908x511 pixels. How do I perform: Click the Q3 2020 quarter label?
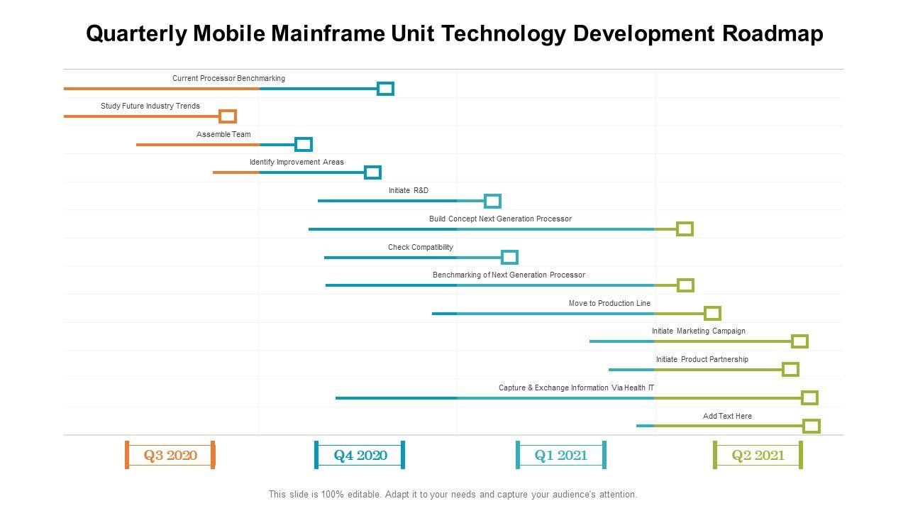(170, 455)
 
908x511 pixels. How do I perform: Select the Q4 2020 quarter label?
(360, 455)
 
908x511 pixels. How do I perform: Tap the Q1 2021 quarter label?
(561, 455)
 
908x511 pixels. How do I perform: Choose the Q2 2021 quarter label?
(758, 455)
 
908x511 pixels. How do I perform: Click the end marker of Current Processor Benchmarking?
(385, 89)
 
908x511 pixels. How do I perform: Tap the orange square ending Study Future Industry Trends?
(228, 116)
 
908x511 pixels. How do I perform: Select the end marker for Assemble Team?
(304, 145)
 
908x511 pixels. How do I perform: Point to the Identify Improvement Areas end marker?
(372, 172)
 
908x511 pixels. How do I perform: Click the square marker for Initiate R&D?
(492, 201)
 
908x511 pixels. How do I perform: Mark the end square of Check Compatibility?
(509, 257)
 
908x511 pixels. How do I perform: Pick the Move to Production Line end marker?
(712, 314)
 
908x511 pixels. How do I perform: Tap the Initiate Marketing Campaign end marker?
(799, 341)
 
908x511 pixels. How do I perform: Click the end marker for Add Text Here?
(812, 426)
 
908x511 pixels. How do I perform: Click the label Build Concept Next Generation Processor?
(500, 219)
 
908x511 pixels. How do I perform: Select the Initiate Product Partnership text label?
(702, 359)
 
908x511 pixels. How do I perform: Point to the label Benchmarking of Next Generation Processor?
(509, 275)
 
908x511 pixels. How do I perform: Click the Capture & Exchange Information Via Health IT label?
(576, 388)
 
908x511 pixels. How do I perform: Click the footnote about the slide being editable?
(453, 494)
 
